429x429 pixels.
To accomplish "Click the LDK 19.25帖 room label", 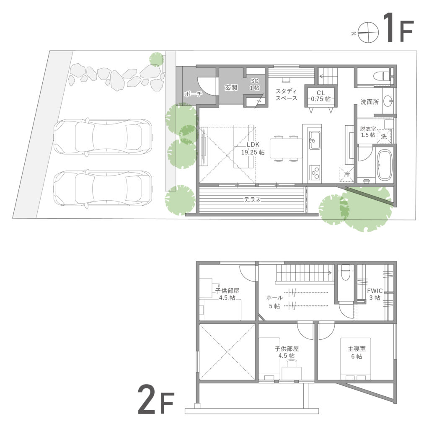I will coord(253,149).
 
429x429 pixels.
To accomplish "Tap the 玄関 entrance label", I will coord(231,88).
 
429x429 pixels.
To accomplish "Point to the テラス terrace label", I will coord(253,200).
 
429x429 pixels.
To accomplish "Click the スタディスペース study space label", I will coord(287,95).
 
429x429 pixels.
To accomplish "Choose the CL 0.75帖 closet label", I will coord(321,96).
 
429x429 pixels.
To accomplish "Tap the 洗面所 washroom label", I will coord(370,101).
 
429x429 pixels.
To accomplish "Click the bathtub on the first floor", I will coord(384,164).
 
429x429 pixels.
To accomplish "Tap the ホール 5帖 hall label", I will coord(274,302).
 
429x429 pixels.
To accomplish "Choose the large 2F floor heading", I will coord(155,401).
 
